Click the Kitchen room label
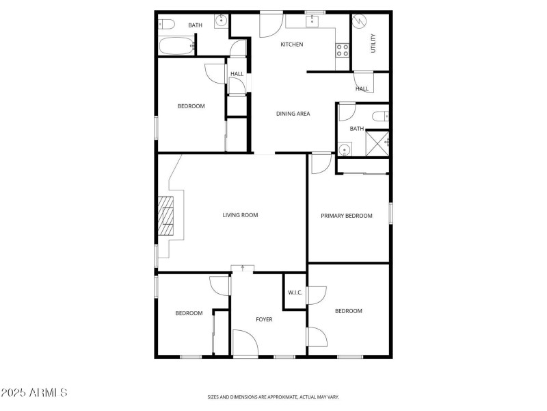(x=292, y=45)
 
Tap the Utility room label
(x=373, y=43)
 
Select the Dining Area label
(x=293, y=114)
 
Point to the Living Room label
(x=240, y=215)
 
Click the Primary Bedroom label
(x=347, y=216)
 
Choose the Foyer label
(x=264, y=319)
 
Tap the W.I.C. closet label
(x=295, y=292)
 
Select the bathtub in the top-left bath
(x=176, y=47)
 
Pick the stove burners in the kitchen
(x=342, y=49)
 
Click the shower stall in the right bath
(x=377, y=142)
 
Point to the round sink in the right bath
(x=344, y=149)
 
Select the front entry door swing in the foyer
(x=244, y=342)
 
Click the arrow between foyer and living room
(x=243, y=267)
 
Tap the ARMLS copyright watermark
(x=34, y=393)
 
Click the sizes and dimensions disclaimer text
(x=273, y=397)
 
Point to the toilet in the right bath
(x=384, y=116)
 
